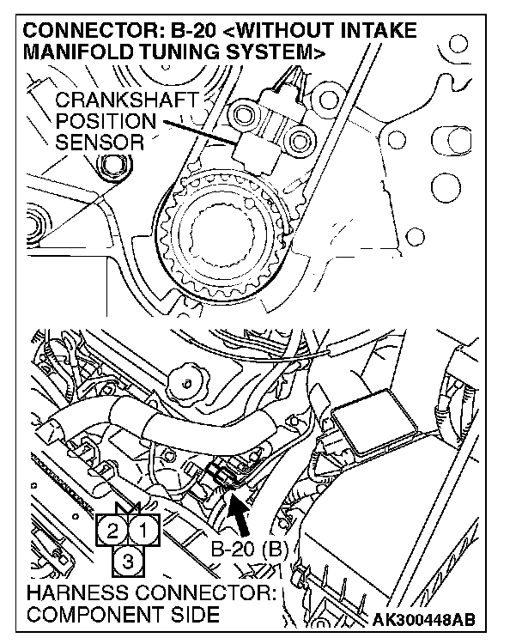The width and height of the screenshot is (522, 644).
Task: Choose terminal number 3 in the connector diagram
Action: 128,562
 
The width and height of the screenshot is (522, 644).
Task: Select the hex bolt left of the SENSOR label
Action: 109,168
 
